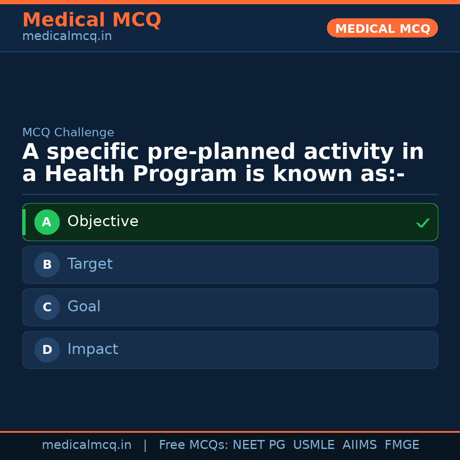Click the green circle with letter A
[47, 222]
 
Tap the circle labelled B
[47, 264]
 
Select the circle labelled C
[47, 307]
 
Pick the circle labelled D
[47, 350]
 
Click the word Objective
[103, 221]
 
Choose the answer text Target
[90, 264]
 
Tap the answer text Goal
[84, 307]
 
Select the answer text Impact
[92, 349]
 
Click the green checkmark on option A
[423, 223]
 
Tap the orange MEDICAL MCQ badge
[382, 28]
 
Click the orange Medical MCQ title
[92, 20]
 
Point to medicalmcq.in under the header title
[67, 37]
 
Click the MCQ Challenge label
[68, 132]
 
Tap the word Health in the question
[85, 174]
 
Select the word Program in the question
[185, 174]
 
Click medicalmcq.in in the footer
[86, 445]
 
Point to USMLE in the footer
[313, 445]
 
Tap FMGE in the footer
[402, 445]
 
